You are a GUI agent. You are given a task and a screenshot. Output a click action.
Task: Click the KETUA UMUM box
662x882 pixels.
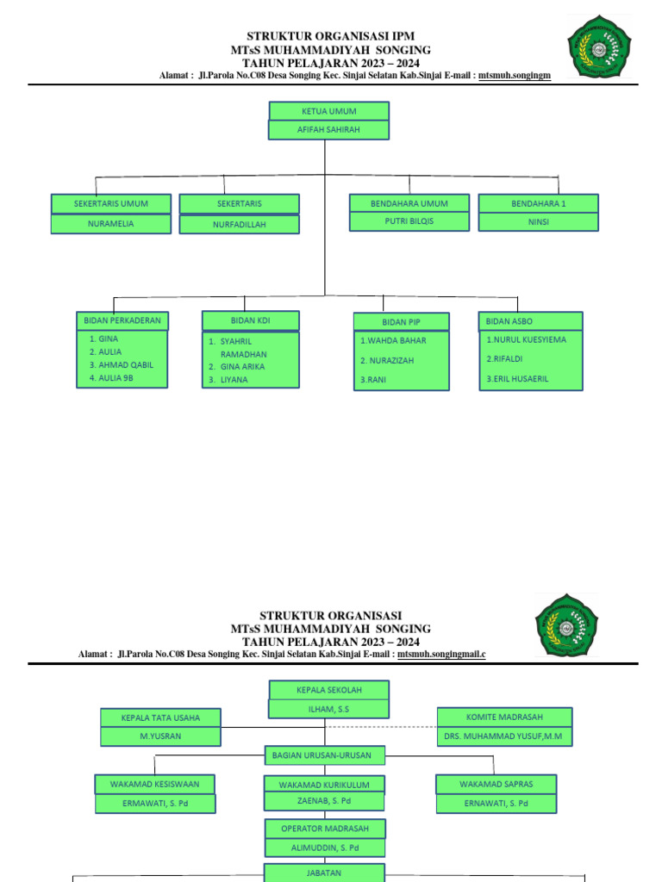click(x=328, y=111)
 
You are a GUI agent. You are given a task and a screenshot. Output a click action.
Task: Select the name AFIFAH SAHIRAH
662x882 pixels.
click(x=328, y=130)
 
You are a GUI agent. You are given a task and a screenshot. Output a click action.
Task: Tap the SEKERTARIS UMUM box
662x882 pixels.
click(x=111, y=204)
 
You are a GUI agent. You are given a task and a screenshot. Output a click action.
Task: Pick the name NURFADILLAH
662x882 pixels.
click(x=240, y=224)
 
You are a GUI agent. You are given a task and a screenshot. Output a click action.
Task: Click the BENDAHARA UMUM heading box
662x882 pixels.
click(x=409, y=203)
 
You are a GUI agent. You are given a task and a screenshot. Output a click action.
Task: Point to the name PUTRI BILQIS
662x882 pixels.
click(x=409, y=221)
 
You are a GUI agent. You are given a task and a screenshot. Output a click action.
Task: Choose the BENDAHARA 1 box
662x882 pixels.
click(x=538, y=204)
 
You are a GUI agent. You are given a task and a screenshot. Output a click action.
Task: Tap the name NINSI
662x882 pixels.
click(x=538, y=222)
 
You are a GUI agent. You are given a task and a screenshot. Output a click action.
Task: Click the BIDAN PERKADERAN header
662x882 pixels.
click(x=122, y=320)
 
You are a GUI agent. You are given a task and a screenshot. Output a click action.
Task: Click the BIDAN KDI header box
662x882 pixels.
click(x=251, y=320)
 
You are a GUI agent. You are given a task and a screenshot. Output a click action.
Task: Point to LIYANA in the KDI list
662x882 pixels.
click(x=234, y=379)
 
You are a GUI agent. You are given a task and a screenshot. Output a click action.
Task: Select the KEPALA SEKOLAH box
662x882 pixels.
click(x=328, y=691)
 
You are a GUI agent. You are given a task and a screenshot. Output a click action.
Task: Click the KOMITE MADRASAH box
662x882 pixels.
click(x=504, y=717)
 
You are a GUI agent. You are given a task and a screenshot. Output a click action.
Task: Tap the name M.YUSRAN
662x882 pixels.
click(x=160, y=736)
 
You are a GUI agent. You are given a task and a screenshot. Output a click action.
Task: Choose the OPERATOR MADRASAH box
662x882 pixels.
click(x=324, y=829)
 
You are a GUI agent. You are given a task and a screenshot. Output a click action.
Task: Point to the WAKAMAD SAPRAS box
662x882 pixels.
click(x=496, y=785)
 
